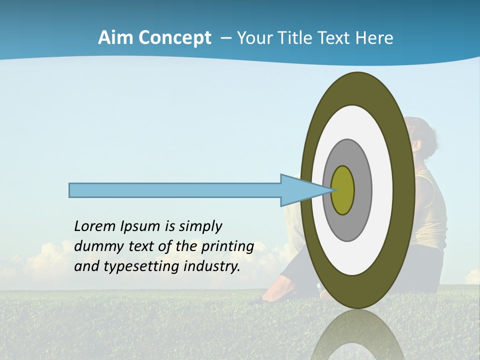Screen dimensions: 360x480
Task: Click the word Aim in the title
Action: point(116,38)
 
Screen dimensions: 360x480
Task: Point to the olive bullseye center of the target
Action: point(343,190)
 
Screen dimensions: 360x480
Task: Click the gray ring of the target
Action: point(362,190)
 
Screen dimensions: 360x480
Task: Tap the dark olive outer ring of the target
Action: point(403,190)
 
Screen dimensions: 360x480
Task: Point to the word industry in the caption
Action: point(212,266)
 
